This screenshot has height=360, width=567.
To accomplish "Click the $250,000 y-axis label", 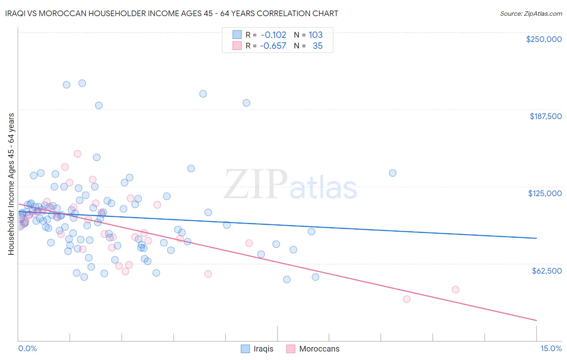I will pos(544,39).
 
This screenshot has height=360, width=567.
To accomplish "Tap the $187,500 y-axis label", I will pos(545,116).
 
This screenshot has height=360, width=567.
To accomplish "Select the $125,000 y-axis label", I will pos(545,193).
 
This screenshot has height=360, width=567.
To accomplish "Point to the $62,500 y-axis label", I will pos(546,271).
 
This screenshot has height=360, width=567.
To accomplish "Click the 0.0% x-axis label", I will pos(27,348).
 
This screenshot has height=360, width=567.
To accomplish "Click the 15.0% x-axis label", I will pos(551,348).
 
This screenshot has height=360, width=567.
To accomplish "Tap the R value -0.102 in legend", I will pos(273,35).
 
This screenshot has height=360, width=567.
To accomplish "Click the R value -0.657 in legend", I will pos(273,46).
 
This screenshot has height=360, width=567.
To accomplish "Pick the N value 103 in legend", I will pos(315,35).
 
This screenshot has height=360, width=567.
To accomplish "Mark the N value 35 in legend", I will pos(317,46).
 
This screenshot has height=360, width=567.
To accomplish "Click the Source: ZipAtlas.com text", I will pos(531,13).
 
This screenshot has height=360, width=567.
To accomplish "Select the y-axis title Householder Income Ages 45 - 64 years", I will pos(11,184).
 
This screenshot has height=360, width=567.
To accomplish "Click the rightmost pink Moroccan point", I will pos(456,289).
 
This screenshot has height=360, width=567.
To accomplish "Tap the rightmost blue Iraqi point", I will pos(392,173).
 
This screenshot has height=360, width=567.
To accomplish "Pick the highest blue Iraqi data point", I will pos(82,83).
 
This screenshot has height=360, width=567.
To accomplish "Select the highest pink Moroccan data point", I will pos(77,154).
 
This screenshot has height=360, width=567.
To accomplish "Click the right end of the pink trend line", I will pos(536,320).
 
